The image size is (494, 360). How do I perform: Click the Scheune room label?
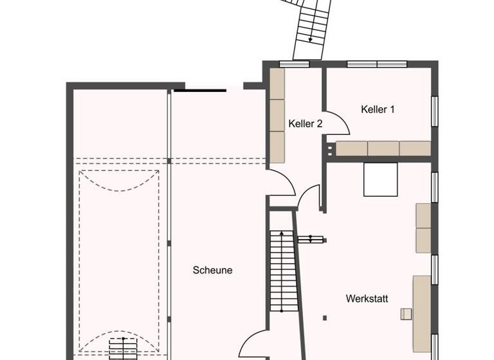pos(212,271)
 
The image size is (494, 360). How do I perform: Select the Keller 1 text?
pos(378,110)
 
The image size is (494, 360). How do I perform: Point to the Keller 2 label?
pos(306,123)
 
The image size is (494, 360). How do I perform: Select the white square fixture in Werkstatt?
pos(381,179)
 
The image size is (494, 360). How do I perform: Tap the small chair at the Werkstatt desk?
pos(405,314)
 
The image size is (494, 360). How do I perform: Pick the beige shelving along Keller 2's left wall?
pos(277,116)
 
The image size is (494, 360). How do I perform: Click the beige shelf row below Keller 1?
pos(383,148)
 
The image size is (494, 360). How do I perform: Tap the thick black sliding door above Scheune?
pos(199,91)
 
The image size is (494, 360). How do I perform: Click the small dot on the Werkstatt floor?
pos(325,318)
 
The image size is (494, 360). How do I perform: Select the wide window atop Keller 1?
pos(377,64)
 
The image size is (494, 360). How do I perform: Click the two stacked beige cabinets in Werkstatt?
pos(423,228)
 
